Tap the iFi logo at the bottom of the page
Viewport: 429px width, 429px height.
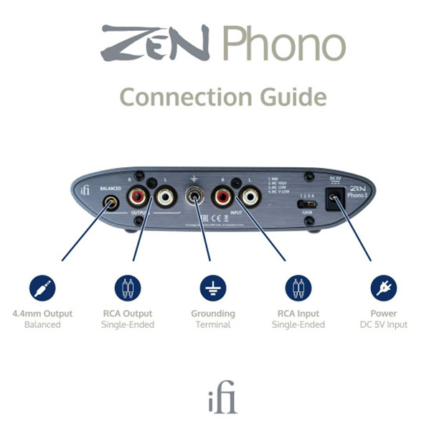point(214,397)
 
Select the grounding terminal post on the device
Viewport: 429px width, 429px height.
point(194,196)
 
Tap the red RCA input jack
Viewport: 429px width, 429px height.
point(222,196)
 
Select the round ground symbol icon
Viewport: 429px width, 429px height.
point(212,288)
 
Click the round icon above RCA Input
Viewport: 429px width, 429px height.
point(298,288)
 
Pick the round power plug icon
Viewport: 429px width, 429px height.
point(383,288)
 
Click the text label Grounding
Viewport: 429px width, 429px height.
point(212,313)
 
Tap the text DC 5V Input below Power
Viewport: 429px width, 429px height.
point(383,325)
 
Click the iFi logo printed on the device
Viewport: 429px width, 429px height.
point(85,189)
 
